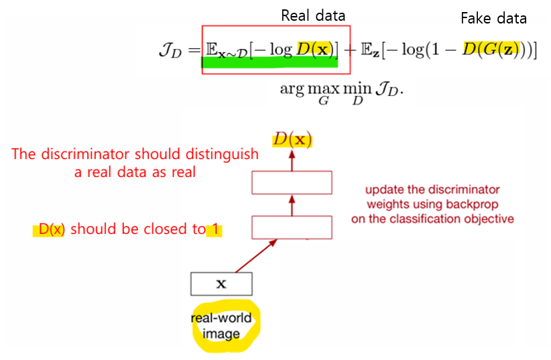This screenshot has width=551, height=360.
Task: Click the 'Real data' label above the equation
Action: click(x=313, y=15)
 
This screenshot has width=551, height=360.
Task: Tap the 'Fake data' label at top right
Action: click(x=493, y=18)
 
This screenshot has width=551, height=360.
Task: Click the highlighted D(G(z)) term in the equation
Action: click(x=493, y=51)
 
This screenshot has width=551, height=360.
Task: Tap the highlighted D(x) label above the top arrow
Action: click(x=292, y=140)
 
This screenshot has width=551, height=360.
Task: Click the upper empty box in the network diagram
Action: click(x=292, y=182)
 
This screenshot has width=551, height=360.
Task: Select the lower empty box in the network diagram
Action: click(x=292, y=227)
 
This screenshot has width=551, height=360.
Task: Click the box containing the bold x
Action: click(x=221, y=284)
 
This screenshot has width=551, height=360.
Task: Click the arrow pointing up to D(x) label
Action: click(x=292, y=160)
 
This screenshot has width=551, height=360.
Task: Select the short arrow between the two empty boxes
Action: click(x=292, y=204)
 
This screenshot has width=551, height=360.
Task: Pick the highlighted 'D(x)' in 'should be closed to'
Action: click(x=51, y=229)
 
